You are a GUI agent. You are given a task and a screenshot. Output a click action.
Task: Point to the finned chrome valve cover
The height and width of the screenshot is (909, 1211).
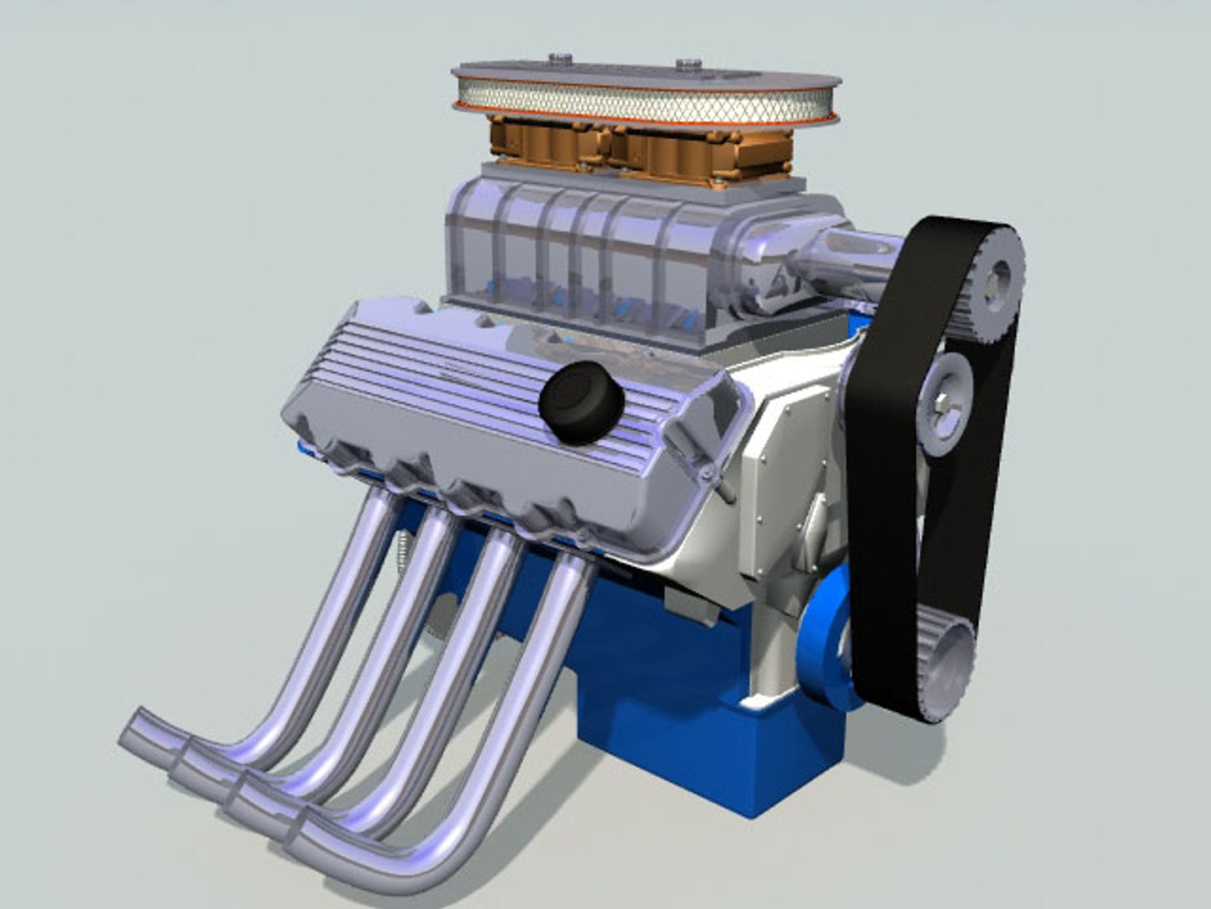(471, 396)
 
